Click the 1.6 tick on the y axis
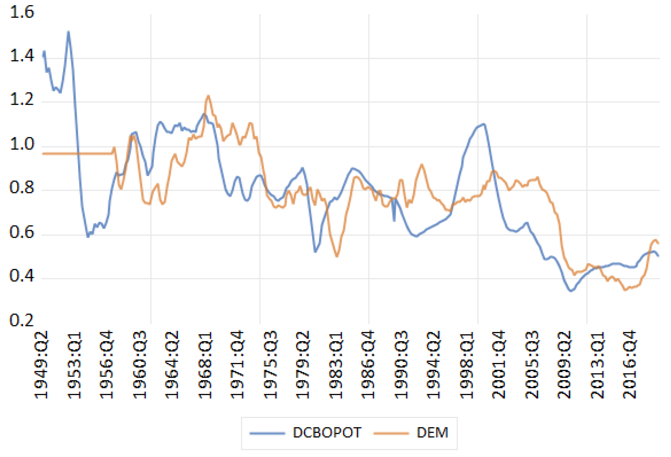coord(22,12)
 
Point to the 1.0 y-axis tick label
coord(22,144)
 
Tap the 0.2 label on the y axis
coord(22,320)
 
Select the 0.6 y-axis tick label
coord(22,232)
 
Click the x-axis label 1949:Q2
coord(41,366)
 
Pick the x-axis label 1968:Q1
coord(205,366)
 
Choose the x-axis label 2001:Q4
coord(499,366)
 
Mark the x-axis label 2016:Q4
coord(630,366)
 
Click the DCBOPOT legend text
coord(327,433)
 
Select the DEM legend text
coord(432,433)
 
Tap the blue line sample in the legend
coord(267,433)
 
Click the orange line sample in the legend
coord(391,433)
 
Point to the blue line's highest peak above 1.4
coord(69,32)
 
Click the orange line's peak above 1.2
coord(208,96)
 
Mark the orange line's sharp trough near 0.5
coord(337,256)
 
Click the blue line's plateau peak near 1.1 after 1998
coord(484,124)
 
